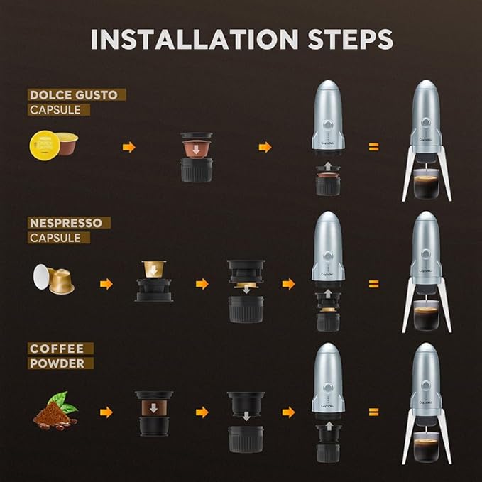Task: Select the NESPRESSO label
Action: (70, 223)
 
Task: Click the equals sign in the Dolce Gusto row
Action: (373, 147)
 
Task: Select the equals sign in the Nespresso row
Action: (373, 284)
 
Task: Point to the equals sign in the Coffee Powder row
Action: (373, 412)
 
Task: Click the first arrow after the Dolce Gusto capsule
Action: (128, 147)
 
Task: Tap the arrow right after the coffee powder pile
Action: (106, 412)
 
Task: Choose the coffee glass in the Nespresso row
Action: (427, 316)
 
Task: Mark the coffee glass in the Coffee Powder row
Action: (427, 447)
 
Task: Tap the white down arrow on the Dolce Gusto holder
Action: (192, 150)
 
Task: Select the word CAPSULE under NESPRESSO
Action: (55, 238)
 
